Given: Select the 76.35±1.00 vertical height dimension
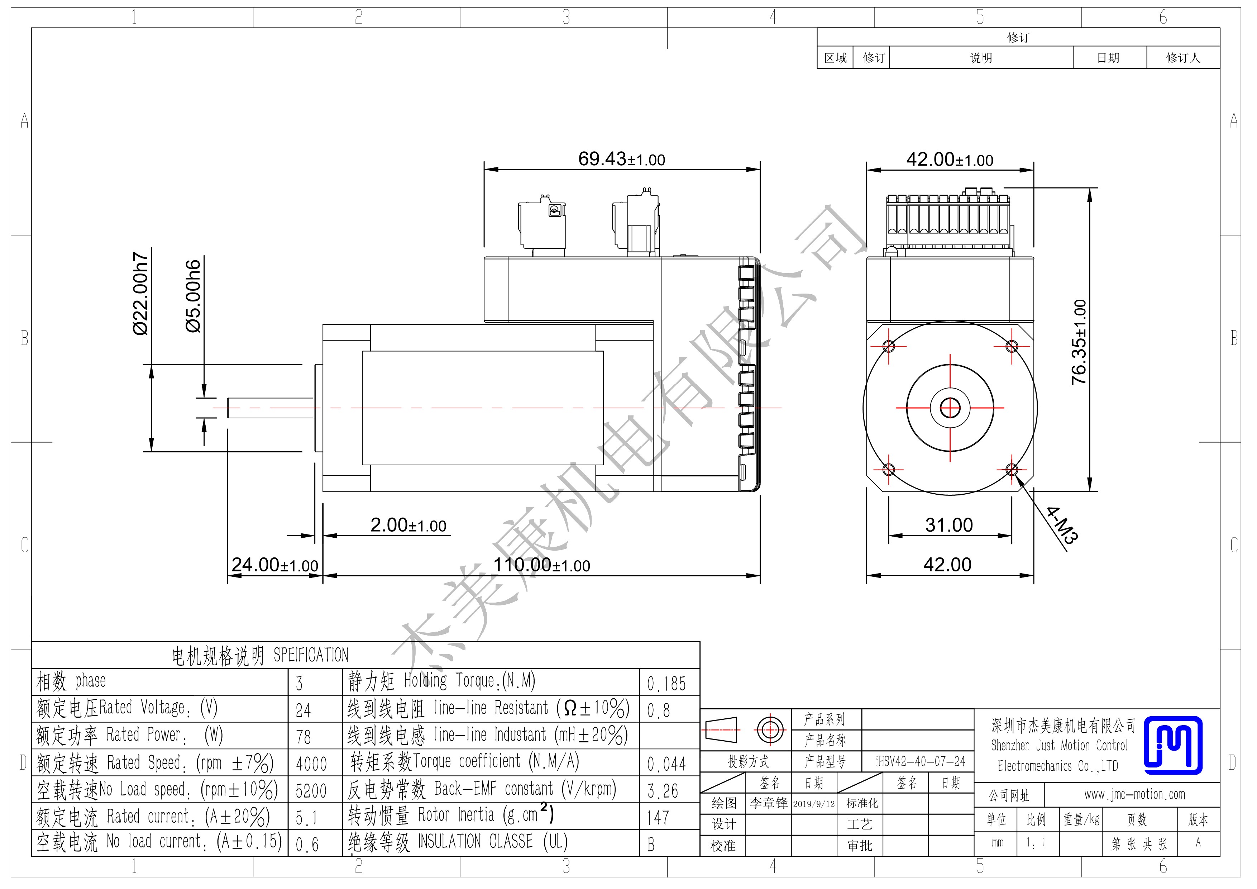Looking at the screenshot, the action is tap(1079, 342).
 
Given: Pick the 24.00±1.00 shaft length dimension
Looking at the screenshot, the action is tap(275, 565).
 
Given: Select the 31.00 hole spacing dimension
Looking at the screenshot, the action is tap(949, 525).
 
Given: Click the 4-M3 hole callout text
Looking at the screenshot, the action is tap(1062, 525).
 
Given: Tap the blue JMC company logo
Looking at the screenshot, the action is tap(1173, 745).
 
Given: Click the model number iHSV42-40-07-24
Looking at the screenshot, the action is tap(920, 761).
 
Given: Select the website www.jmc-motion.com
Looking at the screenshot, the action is tap(1134, 794).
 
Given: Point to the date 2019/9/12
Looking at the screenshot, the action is tap(814, 804).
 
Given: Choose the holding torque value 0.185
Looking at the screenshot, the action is tap(666, 684).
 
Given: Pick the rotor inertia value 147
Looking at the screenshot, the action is tap(658, 818).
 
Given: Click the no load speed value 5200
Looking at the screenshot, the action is tap(311, 791).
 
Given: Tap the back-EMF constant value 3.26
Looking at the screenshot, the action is tap(663, 791).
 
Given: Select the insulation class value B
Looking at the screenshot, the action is tap(651, 845).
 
